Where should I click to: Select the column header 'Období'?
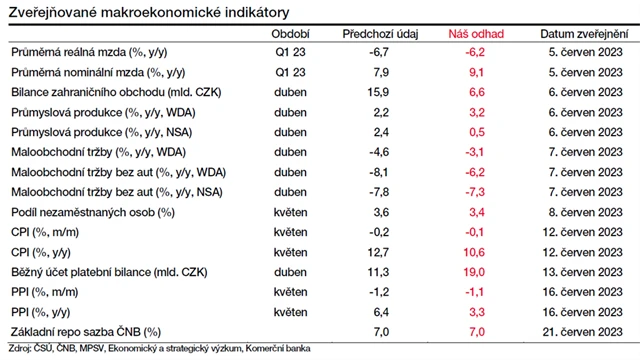289,33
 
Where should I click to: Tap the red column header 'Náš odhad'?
477,33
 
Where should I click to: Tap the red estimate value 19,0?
477,271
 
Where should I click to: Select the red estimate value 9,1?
477,73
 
